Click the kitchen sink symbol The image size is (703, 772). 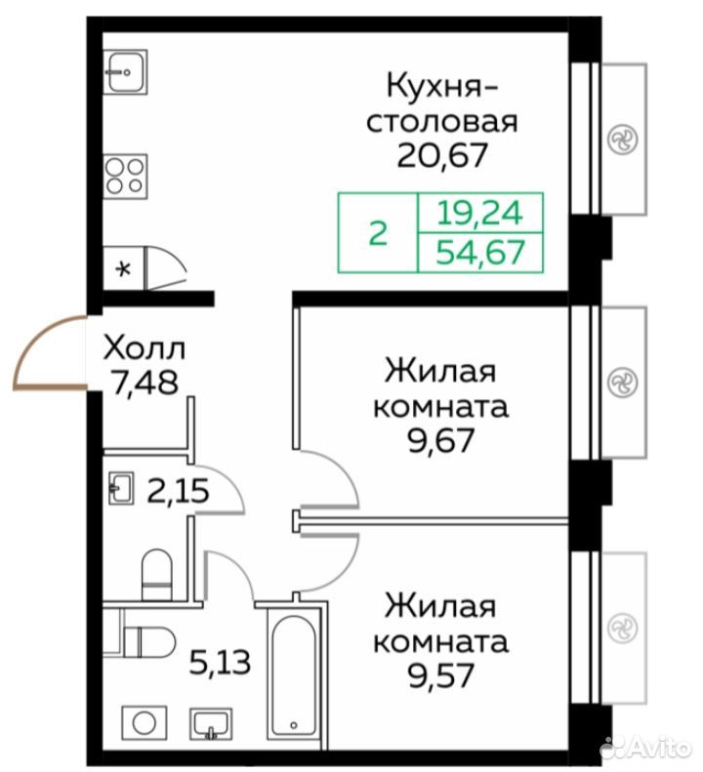126,72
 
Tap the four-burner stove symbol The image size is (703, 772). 126,177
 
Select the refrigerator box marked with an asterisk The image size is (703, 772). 123,268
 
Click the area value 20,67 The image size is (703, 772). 442,155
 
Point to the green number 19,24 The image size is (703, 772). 479,213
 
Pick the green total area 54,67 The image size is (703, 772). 479,252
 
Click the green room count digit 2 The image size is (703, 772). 378,233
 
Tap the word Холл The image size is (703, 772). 144,347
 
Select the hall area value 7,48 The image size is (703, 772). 144,383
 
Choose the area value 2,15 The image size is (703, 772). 179,491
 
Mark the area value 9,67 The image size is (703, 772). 441,440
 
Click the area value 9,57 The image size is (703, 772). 441,675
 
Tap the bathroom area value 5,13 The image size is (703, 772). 221,663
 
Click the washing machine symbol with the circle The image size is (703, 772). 145,723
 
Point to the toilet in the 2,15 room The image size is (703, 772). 156,575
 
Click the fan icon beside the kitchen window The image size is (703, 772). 622,140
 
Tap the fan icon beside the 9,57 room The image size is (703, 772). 622,629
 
